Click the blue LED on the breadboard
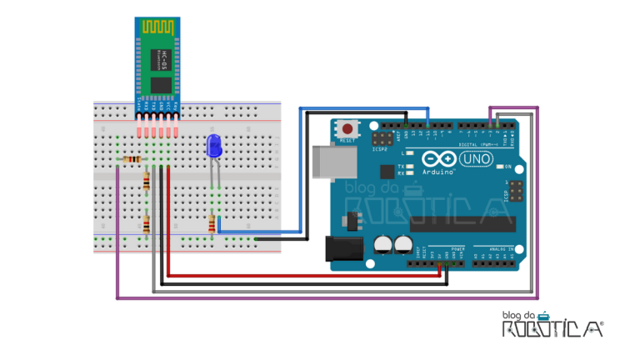pyautogui.click(x=213, y=147)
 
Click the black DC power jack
pyautogui.click(x=342, y=247)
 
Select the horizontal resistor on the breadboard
pyautogui.click(x=131, y=160)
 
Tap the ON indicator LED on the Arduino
pyautogui.click(x=498, y=167)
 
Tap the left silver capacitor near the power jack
pyautogui.click(x=383, y=242)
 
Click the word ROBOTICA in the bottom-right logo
pyautogui.click(x=552, y=329)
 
